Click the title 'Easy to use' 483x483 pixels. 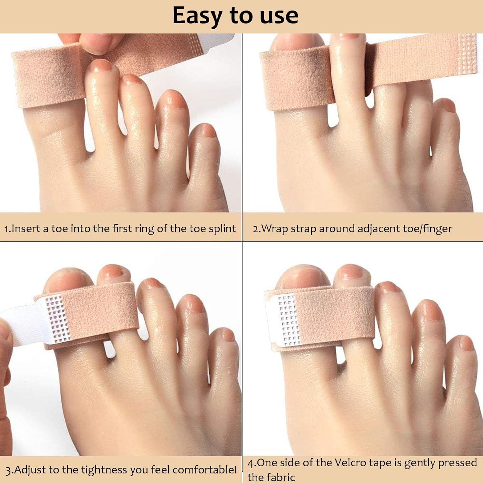click(x=235, y=15)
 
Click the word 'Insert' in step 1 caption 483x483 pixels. click(x=25, y=229)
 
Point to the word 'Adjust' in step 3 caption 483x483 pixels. click(x=30, y=470)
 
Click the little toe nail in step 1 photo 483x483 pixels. click(x=208, y=130)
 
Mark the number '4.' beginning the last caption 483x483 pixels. click(x=252, y=463)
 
